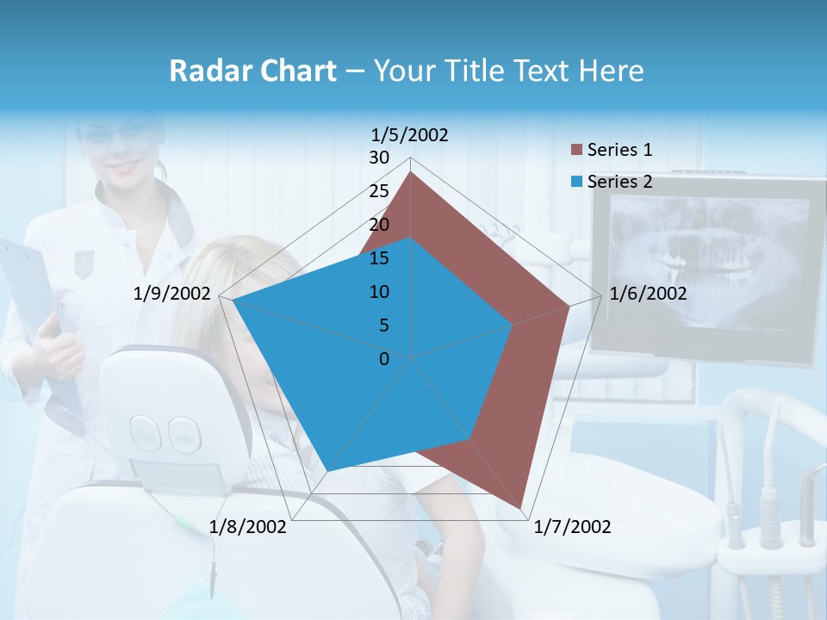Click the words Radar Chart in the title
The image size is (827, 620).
pyautogui.click(x=252, y=71)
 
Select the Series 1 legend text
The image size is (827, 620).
pyautogui.click(x=619, y=150)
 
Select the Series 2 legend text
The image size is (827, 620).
pyautogui.click(x=619, y=182)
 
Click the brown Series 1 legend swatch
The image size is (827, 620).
pyautogui.click(x=576, y=151)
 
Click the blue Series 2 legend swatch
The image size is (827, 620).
pyautogui.click(x=576, y=182)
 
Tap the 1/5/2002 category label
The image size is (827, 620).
pyautogui.click(x=409, y=135)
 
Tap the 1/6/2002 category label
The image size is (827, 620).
pyautogui.click(x=648, y=294)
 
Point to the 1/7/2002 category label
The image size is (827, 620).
pyautogui.click(x=572, y=527)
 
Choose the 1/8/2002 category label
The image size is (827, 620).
pyautogui.click(x=248, y=527)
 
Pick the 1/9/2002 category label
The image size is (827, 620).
pyautogui.click(x=172, y=294)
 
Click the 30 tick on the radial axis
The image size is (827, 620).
pyautogui.click(x=379, y=158)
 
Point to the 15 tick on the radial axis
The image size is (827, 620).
pyautogui.click(x=379, y=258)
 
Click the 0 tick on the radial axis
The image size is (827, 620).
pyautogui.click(x=384, y=359)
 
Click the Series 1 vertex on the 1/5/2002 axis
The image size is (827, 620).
pyautogui.click(x=411, y=172)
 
